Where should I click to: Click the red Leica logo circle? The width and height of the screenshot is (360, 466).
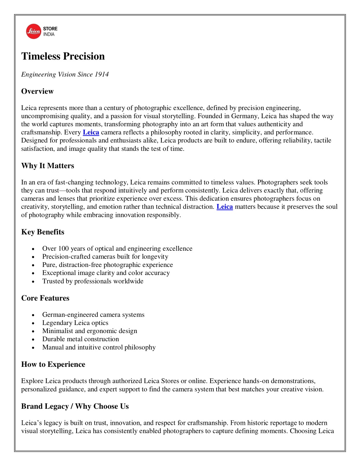34,31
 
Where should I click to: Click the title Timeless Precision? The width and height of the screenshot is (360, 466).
63,56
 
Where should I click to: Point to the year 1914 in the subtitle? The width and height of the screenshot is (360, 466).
102,74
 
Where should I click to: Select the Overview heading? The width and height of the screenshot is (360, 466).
37,91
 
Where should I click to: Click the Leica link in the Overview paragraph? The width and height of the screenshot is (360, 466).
91,132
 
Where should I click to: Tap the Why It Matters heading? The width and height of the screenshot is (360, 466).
47,166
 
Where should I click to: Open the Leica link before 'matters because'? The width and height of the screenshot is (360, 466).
224,207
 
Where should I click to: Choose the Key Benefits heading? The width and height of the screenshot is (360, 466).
43,232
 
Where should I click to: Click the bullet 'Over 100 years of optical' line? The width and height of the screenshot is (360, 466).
117,249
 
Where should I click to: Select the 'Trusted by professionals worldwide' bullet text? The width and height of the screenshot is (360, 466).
93,281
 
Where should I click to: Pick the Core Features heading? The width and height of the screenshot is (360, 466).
45,298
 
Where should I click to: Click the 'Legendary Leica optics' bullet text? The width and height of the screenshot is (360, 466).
75,323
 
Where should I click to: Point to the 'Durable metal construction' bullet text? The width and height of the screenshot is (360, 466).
81,339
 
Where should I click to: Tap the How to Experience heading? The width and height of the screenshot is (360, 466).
53,364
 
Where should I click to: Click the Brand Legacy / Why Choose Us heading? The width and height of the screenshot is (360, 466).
75,407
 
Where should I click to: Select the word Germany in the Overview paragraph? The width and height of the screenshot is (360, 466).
244,116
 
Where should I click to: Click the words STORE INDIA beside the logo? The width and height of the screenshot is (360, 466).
50,31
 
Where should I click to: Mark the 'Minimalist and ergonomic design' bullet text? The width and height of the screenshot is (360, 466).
90,331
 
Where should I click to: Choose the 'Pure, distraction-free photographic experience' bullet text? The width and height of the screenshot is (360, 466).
108,265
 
